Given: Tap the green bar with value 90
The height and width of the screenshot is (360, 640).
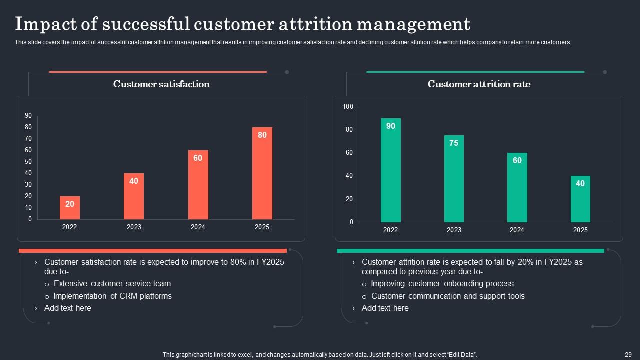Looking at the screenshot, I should tap(390, 170).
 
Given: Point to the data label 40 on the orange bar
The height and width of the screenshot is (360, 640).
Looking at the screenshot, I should tap(134, 181).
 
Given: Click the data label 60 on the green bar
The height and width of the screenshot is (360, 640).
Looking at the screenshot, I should tap(517, 160).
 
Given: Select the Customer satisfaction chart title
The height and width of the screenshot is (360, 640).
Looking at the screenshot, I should tap(161, 84).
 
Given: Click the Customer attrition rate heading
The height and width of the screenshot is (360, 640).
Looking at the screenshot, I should tap(479, 84).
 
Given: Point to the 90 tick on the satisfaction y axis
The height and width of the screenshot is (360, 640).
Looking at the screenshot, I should tap(28, 116).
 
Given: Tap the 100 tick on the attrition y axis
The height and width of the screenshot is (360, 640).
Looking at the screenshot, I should tap(348, 107).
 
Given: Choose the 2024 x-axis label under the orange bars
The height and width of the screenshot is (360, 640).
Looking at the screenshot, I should tap(198, 227).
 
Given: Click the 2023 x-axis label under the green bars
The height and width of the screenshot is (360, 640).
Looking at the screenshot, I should tap(454, 230).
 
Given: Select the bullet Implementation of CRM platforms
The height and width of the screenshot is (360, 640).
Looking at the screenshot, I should tap(112, 296).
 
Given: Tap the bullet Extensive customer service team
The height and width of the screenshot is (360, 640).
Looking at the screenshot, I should tap(112, 283).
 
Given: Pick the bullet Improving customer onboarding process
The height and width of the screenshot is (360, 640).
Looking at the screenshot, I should tap(442, 283).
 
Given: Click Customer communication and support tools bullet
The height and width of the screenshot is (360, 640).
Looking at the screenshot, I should tap(448, 296).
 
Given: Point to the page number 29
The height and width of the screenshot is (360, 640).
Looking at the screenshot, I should tap(628, 354).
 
